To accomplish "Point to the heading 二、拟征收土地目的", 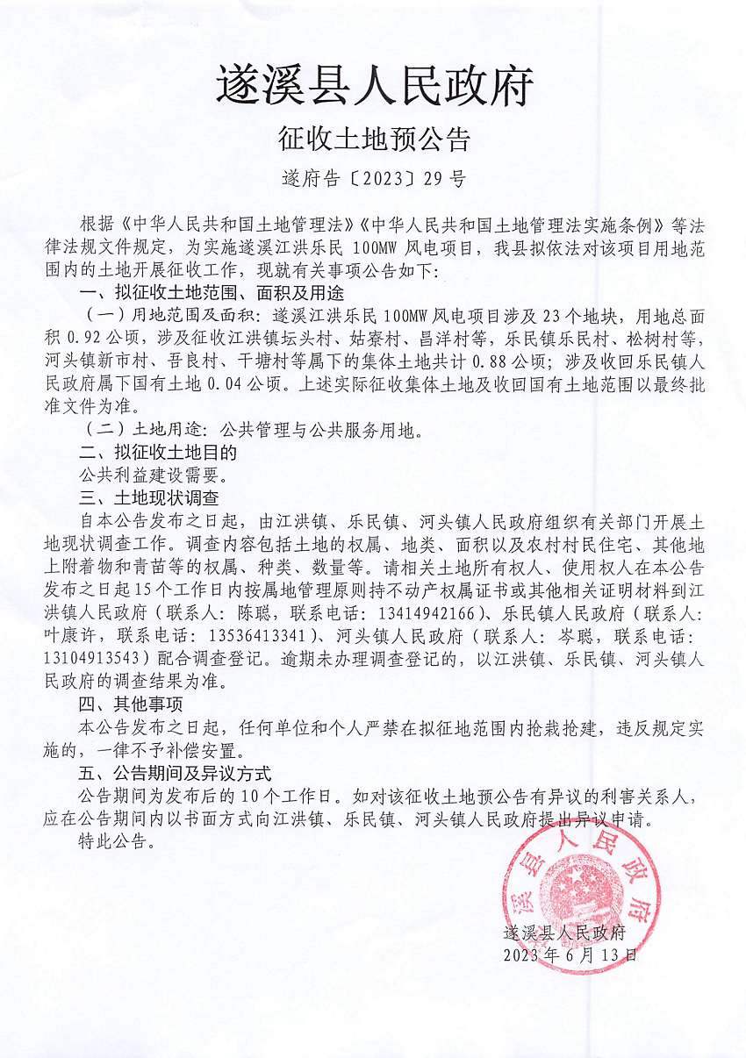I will (158, 454).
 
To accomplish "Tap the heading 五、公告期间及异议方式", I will (175, 774).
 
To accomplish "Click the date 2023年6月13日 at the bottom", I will (570, 954).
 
